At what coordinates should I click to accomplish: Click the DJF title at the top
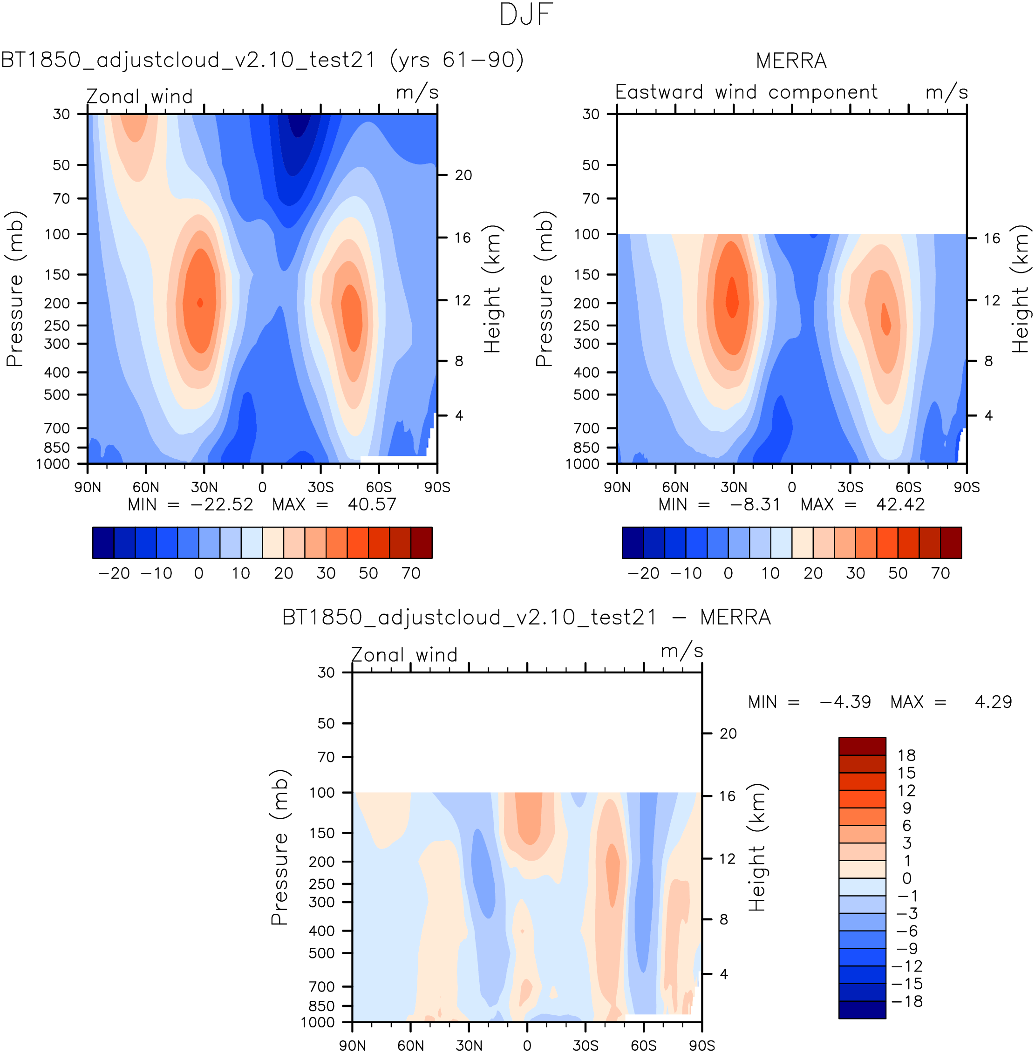coord(526,15)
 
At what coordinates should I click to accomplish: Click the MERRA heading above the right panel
coord(791,61)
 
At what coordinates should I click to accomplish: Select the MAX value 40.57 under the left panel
coord(372,504)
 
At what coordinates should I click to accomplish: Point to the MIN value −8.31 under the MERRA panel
coord(755,504)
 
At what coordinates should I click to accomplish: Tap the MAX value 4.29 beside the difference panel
coord(993,702)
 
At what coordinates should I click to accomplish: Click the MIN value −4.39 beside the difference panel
coord(845,702)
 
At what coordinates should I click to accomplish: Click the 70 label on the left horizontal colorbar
coord(411,573)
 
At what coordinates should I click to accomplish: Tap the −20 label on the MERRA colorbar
coord(644,573)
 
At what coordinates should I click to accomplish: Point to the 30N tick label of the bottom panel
coord(469,1046)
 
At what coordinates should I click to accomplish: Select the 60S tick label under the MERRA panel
coord(908,487)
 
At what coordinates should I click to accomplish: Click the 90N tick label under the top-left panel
coord(88,487)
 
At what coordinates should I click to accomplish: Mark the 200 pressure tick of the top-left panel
coord(57,303)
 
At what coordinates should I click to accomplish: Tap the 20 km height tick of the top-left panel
coord(463,175)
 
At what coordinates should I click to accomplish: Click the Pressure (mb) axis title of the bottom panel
coord(279,848)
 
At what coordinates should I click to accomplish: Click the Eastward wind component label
coord(746,92)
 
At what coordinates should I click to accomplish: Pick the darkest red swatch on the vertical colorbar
coord(862,746)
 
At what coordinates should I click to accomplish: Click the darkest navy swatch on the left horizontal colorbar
coord(103,543)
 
